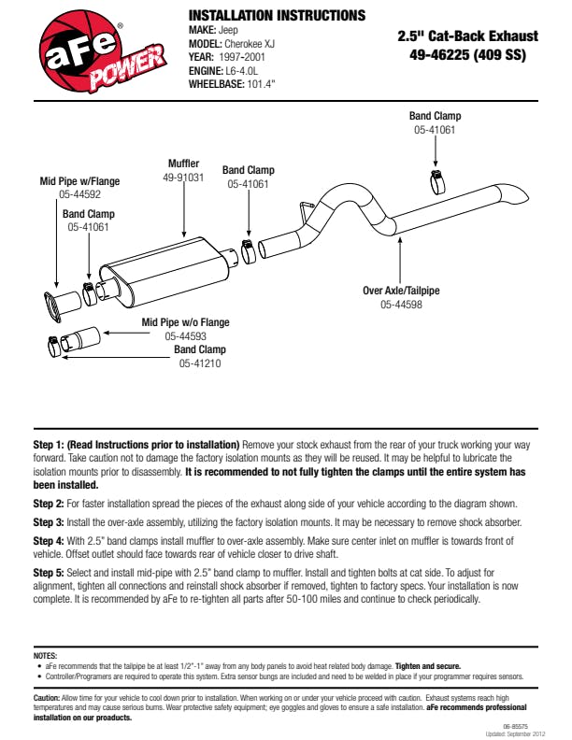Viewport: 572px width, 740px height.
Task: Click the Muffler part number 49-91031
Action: point(184,177)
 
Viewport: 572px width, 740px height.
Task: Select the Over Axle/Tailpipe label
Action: point(401,291)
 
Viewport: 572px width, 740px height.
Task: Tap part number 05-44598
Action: point(401,304)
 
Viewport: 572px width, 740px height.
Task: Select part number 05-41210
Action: point(200,363)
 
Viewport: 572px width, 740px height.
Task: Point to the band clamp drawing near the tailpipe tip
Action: point(436,179)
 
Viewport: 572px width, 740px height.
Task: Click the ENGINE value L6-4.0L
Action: point(246,69)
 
